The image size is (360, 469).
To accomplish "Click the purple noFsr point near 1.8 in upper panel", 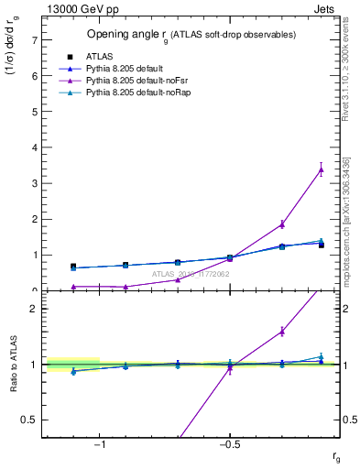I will [x=282, y=224].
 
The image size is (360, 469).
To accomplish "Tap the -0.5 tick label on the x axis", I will [x=229, y=444].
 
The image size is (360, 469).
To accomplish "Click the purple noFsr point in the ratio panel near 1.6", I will [x=282, y=332].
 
